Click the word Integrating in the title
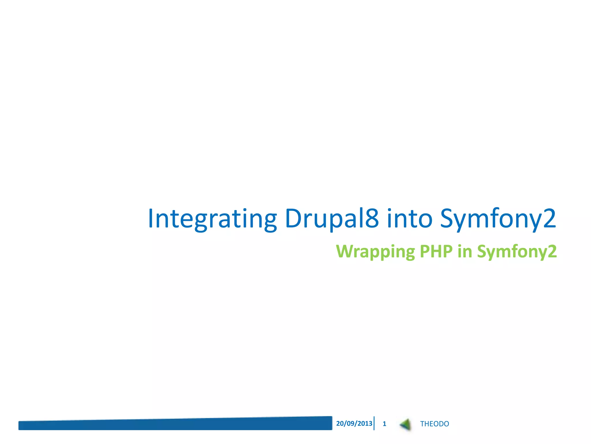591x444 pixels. (x=212, y=219)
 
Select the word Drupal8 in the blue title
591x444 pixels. (x=331, y=219)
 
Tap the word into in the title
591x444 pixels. (x=409, y=219)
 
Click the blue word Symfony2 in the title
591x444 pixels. (x=498, y=219)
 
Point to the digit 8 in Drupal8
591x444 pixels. (x=372, y=218)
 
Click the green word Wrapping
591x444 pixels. (x=375, y=251)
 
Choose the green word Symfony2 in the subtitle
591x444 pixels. (x=517, y=251)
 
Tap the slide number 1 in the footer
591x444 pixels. (x=384, y=424)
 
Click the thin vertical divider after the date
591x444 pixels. (x=374, y=423)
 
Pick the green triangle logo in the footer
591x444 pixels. (x=406, y=424)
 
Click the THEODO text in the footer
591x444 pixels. (x=434, y=424)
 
